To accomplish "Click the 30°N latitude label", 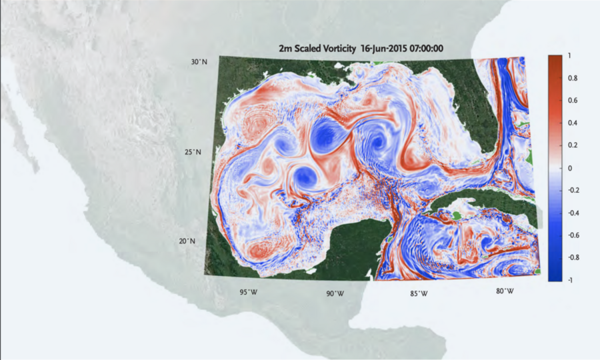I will (199, 62).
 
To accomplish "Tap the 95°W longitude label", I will (249, 293).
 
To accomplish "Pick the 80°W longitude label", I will (505, 291).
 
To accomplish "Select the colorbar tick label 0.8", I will (571, 79).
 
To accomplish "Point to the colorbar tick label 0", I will (569, 168).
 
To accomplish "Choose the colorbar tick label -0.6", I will (572, 235).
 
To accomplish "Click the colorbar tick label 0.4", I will (571, 123).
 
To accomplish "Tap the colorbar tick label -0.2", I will (572, 190).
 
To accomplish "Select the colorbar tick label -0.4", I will (572, 213).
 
